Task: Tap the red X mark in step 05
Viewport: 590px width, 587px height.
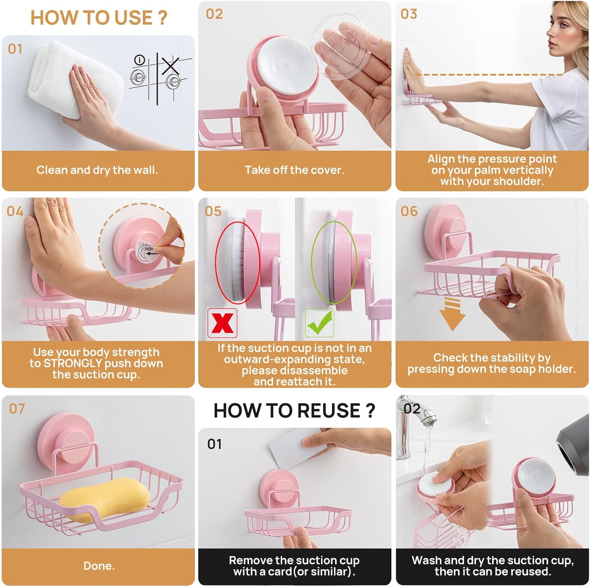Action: click(222, 323)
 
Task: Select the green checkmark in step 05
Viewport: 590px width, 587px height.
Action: click(319, 322)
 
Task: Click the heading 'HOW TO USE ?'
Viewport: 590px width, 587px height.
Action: click(99, 18)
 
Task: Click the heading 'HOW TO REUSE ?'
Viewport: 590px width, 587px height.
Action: click(294, 411)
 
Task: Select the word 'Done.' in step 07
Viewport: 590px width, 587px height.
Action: click(99, 566)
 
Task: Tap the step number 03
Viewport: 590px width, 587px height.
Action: click(409, 14)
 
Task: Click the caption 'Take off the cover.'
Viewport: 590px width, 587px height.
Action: click(294, 170)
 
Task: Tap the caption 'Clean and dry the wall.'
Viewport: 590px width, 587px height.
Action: click(97, 170)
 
